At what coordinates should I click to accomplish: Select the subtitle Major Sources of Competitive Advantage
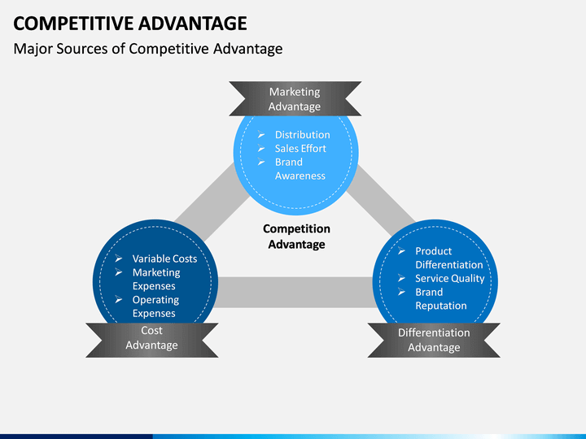coord(148,49)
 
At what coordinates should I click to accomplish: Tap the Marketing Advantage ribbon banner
coord(295,99)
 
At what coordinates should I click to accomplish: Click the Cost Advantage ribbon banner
coord(151,338)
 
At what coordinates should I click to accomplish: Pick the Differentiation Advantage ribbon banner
coord(434,340)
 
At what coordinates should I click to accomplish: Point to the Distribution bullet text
coord(302,135)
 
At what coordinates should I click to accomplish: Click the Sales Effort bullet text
coord(300,149)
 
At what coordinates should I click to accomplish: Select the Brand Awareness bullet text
coord(300,169)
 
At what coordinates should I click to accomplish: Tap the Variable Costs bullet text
coord(164,259)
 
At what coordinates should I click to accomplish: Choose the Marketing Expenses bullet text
coord(155,280)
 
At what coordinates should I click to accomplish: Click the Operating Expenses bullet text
coord(155,306)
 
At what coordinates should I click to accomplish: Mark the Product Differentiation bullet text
coord(448,259)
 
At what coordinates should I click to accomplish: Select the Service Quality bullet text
coord(449,279)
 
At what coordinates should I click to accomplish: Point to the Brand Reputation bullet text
coord(441,299)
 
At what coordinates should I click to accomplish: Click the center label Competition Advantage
coord(296,237)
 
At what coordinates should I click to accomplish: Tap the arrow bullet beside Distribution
coord(261,135)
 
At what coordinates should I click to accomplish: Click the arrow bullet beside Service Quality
coord(401,279)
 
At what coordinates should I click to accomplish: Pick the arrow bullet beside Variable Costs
coord(119,259)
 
